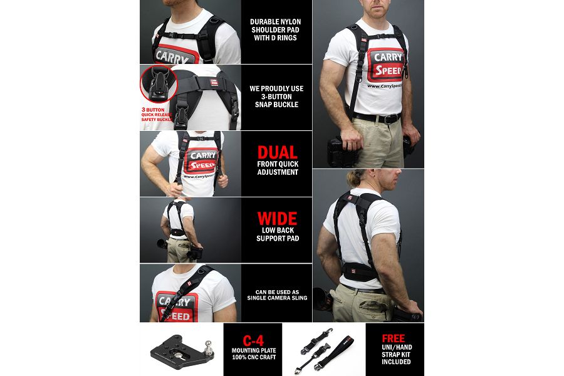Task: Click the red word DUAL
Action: [278, 152]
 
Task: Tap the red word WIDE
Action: [278, 219]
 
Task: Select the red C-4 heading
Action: [253, 341]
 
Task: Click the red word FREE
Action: [393, 338]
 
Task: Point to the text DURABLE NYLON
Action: [276, 21]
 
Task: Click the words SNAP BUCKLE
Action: [276, 105]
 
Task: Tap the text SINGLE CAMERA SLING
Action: [278, 298]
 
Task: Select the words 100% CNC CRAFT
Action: [254, 357]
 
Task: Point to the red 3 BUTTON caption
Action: [153, 110]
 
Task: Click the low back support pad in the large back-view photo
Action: [360, 271]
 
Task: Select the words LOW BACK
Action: [278, 230]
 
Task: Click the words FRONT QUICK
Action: [278, 164]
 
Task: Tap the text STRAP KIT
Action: [396, 355]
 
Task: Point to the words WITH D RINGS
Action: [276, 38]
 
